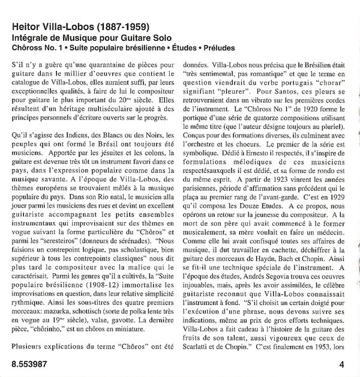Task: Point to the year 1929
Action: tap(331, 199)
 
